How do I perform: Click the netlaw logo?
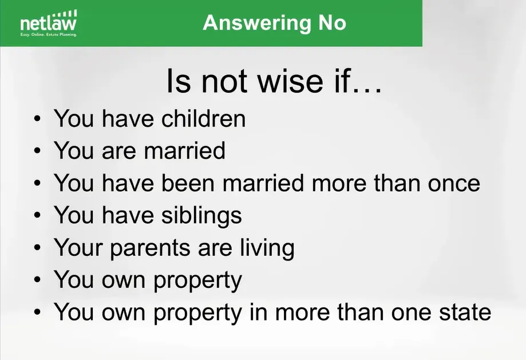[x=49, y=23]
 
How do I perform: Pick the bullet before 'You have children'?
[x=37, y=119]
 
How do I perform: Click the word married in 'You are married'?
[x=184, y=151]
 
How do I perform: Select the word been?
[x=188, y=183]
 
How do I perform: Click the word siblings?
[x=201, y=215]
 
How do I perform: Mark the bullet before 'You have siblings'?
[x=37, y=215]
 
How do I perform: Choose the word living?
[x=267, y=248]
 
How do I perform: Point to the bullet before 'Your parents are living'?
[x=37, y=247]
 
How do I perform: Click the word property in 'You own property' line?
[x=197, y=280]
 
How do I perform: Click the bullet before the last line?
[x=37, y=312]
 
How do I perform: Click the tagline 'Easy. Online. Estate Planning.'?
[x=49, y=34]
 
